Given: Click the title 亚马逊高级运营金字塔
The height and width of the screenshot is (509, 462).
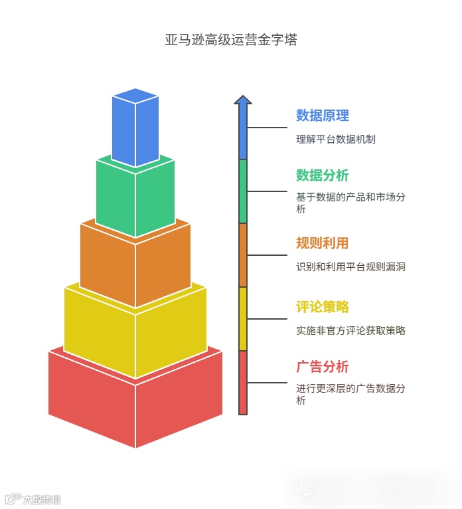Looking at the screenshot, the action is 231,40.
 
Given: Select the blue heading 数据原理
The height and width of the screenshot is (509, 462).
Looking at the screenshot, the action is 322,116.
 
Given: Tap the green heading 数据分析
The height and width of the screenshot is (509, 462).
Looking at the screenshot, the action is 322,175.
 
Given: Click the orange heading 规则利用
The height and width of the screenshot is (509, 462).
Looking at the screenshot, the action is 322,243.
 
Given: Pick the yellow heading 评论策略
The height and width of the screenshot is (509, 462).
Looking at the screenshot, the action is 322,307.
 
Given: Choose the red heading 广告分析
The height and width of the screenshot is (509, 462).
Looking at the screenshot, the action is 322,367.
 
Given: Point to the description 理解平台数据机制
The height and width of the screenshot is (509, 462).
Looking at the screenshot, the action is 336,140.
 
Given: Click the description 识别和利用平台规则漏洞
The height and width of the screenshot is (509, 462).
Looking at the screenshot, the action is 350,267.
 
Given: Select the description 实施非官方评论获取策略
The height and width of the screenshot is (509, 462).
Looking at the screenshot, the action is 350,330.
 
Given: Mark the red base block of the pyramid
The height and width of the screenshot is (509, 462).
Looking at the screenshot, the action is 135,405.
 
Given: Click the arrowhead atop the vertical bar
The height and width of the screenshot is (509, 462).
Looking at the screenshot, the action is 243,100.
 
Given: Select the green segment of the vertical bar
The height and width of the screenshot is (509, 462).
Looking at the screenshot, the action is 243,191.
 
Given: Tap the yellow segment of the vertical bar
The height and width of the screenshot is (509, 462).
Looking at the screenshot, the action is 243,319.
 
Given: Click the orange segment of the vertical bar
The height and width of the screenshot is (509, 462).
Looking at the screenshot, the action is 243,255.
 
